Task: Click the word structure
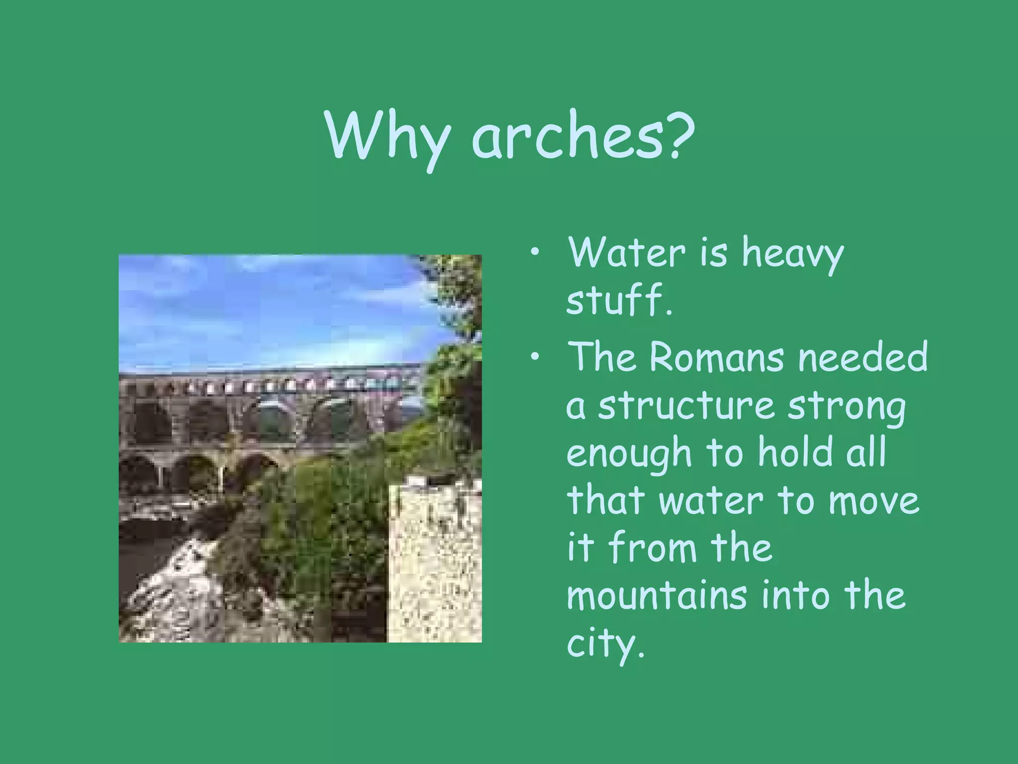click(x=686, y=405)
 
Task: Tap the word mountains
click(x=657, y=595)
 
